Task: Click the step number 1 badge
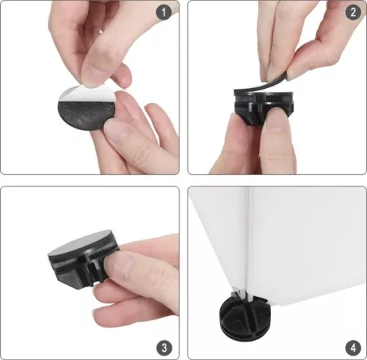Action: [164, 12]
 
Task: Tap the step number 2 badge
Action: [353, 12]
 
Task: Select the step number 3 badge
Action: [164, 348]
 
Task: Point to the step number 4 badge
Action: [353, 348]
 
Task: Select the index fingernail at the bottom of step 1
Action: [116, 132]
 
